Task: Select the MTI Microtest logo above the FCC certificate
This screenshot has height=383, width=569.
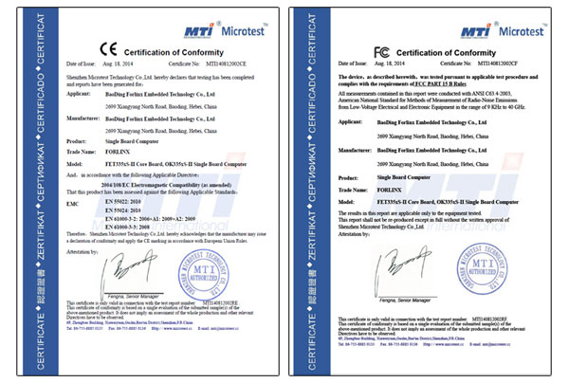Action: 493,18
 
